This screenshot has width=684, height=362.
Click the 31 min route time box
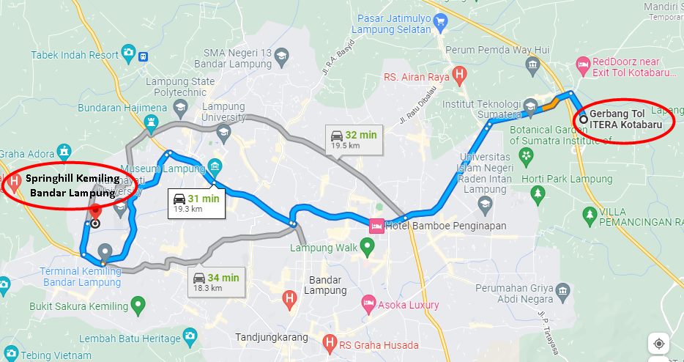196,202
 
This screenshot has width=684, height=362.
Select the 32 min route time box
353,138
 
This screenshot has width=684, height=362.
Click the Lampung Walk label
324,248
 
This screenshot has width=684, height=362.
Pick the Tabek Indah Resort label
75,54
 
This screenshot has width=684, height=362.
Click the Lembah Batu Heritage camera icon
190,338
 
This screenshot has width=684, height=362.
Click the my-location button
659,343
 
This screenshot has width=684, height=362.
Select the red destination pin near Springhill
94,210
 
